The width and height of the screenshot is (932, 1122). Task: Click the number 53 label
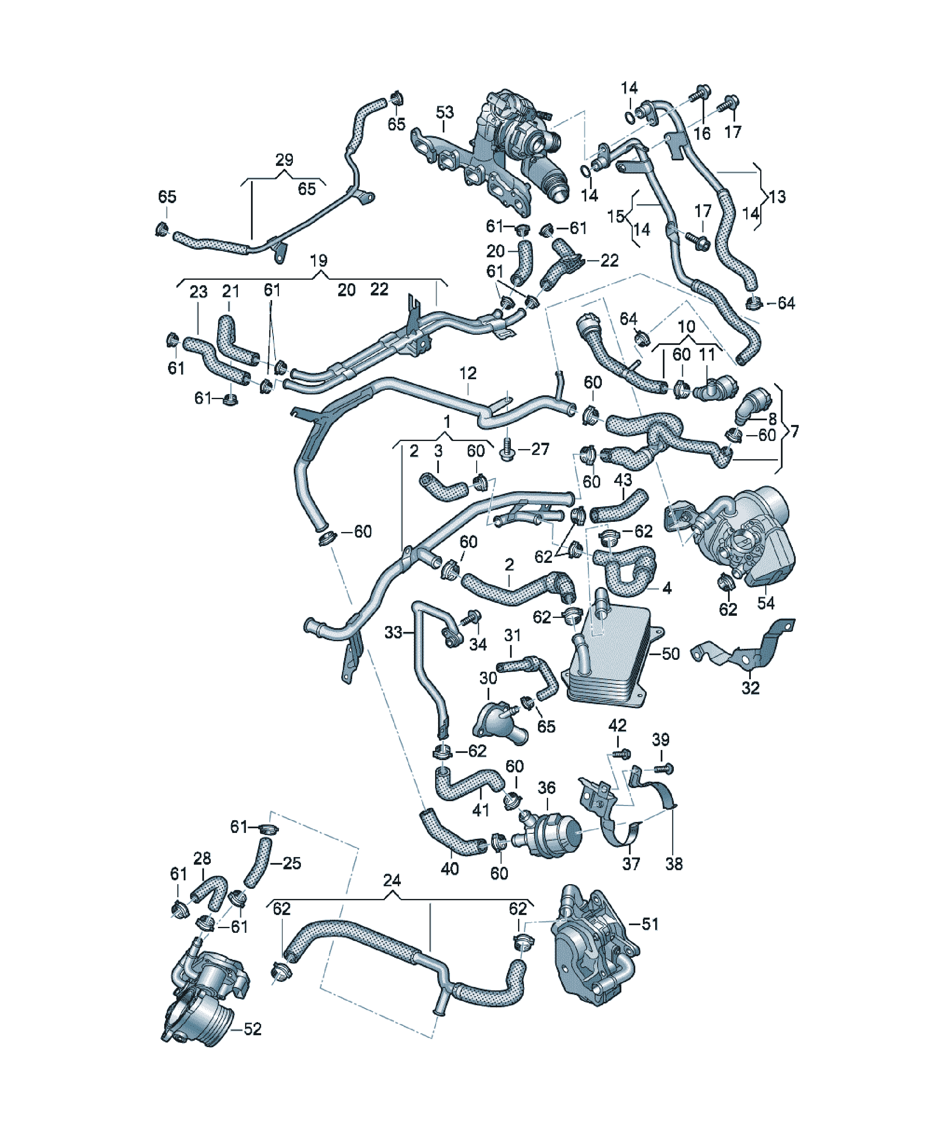(x=444, y=112)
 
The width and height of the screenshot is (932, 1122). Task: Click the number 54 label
(x=765, y=603)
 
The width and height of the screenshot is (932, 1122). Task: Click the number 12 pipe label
(x=468, y=373)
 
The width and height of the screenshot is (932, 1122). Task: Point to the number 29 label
(x=284, y=160)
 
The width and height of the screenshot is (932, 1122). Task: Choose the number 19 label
(x=319, y=261)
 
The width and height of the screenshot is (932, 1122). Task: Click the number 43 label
(x=623, y=480)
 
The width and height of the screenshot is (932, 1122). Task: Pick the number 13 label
(x=777, y=197)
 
